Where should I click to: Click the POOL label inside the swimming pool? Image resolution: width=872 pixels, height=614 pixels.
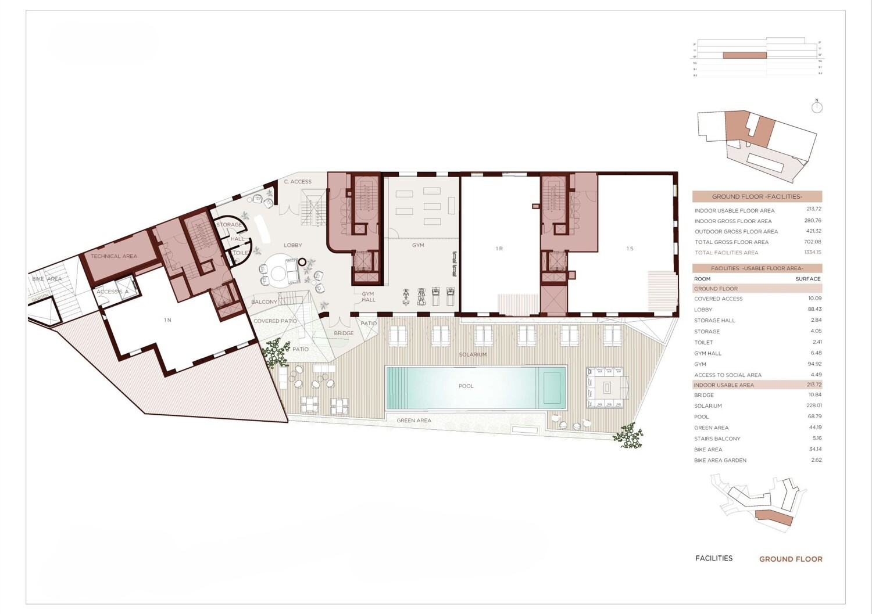click(466, 386)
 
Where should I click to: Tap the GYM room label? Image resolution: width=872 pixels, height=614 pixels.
click(418, 245)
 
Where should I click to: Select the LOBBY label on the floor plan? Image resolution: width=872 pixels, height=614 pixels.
click(292, 245)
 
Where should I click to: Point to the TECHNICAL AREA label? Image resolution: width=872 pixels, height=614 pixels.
click(114, 256)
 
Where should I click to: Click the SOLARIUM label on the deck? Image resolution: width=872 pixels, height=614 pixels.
click(473, 354)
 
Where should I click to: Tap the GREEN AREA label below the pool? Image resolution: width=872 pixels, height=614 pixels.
click(414, 421)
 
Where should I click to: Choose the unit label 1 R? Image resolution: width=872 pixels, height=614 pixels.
click(499, 249)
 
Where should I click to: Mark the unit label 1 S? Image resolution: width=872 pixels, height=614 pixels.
click(630, 249)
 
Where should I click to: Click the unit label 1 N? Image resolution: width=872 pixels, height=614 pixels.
click(167, 320)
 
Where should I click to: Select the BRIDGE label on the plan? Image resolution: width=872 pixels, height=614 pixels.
click(344, 333)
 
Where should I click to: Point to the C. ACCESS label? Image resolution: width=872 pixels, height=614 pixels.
click(298, 182)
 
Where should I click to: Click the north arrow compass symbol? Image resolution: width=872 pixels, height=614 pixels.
click(817, 107)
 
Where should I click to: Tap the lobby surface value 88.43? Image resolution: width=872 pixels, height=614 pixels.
click(814, 309)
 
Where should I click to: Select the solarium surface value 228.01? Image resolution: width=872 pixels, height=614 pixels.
click(814, 405)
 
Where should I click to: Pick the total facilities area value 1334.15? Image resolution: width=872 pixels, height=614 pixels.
click(812, 252)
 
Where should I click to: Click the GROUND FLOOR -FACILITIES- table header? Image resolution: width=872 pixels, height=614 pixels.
click(757, 196)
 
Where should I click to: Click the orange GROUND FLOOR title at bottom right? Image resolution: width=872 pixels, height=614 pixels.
click(791, 559)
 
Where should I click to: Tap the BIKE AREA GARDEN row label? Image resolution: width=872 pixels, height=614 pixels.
click(720, 460)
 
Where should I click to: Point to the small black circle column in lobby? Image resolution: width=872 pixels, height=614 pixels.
click(302, 262)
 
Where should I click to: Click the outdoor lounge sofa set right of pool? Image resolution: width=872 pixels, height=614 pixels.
click(607, 387)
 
